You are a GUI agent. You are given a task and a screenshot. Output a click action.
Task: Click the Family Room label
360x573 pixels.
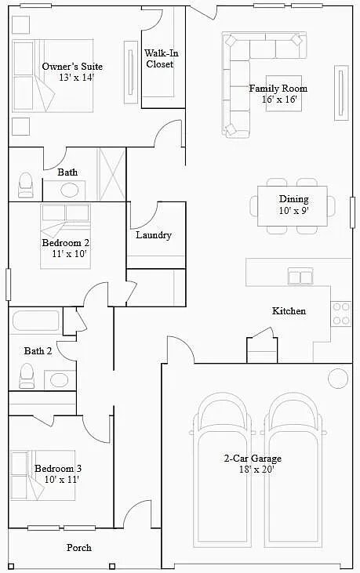tap(278, 89)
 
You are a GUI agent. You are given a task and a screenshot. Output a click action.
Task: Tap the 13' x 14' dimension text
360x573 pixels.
tap(75, 78)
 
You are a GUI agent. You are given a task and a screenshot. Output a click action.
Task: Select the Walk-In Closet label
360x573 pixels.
tap(159, 59)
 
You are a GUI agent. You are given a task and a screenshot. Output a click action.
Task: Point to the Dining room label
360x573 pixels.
tap(293, 199)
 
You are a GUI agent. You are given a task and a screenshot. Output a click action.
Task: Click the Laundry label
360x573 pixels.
tap(154, 235)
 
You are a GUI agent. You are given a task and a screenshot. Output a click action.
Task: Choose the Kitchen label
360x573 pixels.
tap(289, 311)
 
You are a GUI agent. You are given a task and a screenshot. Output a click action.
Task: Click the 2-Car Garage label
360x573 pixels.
tap(252, 459)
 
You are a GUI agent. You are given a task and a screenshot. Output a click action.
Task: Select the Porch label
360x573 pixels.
tap(78, 548)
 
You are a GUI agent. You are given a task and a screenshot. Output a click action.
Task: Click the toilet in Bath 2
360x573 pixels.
tap(27, 376)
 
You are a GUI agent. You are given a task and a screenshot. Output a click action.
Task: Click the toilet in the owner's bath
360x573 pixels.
tap(25, 185)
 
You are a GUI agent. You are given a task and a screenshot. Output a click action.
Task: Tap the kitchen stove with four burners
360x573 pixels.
tap(341, 314)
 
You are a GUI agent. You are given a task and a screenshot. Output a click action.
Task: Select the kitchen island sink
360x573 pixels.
tap(300, 276)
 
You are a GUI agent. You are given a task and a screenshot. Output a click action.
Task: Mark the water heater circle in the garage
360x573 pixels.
tap(338, 378)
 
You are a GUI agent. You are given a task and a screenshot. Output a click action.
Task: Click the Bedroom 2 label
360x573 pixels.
tap(65, 243)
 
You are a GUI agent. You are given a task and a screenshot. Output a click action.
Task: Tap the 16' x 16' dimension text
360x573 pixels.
tap(278, 100)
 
